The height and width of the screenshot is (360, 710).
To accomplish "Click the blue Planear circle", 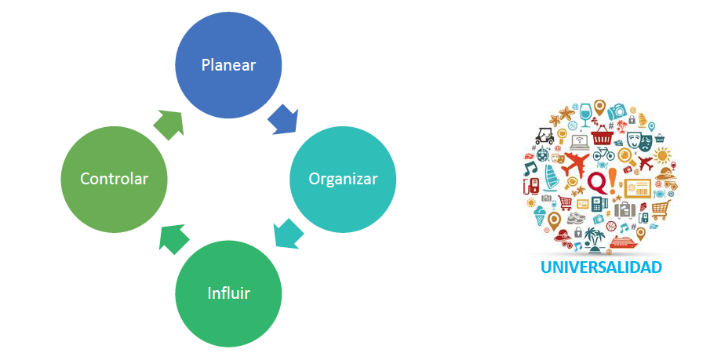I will [x=228, y=65].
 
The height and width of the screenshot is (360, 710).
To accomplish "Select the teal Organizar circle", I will [x=343, y=179].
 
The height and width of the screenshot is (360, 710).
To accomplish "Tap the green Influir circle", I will [x=228, y=293].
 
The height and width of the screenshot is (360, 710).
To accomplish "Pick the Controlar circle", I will [x=114, y=179].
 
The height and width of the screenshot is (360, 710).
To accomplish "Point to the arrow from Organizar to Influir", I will [x=288, y=234].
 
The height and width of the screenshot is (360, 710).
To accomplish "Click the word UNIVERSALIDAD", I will [x=601, y=267].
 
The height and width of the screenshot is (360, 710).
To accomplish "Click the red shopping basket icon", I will [x=603, y=137].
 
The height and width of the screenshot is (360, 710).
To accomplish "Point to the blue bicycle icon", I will [x=603, y=154].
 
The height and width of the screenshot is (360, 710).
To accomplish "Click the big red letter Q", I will [x=596, y=182].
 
